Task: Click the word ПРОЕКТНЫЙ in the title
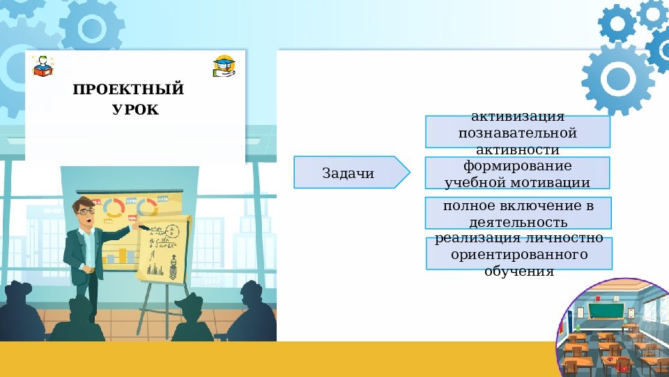(128, 89)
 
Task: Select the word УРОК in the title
(135, 110)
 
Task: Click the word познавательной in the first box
(518, 132)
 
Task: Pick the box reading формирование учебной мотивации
(517, 173)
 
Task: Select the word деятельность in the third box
(518, 222)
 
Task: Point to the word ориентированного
(518, 255)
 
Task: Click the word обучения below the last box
(518, 271)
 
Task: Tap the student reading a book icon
(42, 66)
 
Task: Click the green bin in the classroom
(577, 328)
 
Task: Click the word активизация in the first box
(518, 117)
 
